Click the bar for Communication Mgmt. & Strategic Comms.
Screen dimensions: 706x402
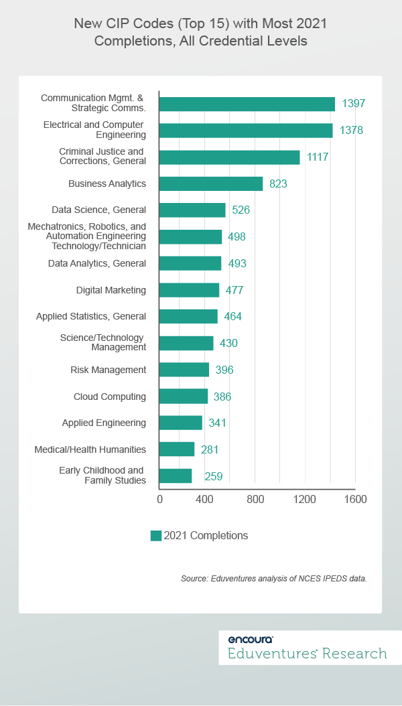click(247, 104)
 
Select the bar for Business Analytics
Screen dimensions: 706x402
click(211, 184)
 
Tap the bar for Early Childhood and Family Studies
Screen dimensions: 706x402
click(176, 476)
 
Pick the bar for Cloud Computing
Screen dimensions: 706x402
click(184, 397)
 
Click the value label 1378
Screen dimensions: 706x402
click(351, 130)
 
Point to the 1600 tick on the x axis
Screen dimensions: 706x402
click(355, 499)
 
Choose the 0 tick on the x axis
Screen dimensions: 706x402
click(159, 499)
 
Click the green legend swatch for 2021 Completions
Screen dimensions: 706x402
click(156, 535)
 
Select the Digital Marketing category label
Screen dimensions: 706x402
click(111, 290)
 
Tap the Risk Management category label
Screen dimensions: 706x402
click(108, 370)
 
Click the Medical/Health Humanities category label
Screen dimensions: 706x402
click(90, 449)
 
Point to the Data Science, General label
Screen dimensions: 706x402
click(98, 210)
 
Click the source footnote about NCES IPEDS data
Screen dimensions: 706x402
click(273, 578)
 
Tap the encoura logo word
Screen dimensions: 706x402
click(250, 640)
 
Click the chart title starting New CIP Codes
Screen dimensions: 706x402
click(201, 31)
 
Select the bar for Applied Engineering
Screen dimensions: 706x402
click(181, 423)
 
